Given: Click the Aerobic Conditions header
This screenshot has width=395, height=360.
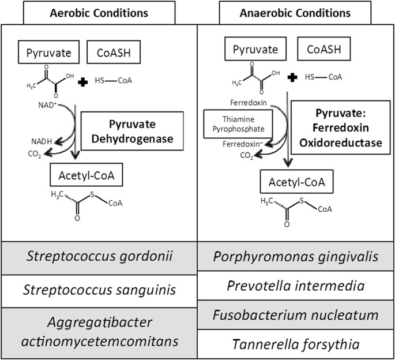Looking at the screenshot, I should [x=99, y=13].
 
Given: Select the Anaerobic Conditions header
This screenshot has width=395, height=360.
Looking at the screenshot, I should [x=296, y=13].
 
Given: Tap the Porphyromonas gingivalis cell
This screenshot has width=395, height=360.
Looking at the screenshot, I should [x=296, y=254].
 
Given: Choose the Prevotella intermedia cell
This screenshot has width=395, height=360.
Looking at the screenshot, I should [x=296, y=285].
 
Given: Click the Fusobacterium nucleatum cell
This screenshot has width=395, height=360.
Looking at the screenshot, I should [x=296, y=315].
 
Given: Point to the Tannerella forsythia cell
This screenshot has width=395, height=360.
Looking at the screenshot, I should [x=296, y=344].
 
